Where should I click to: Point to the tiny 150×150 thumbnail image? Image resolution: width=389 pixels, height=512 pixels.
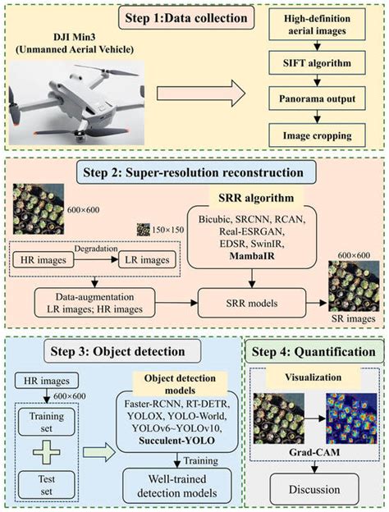[x=144, y=229]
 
